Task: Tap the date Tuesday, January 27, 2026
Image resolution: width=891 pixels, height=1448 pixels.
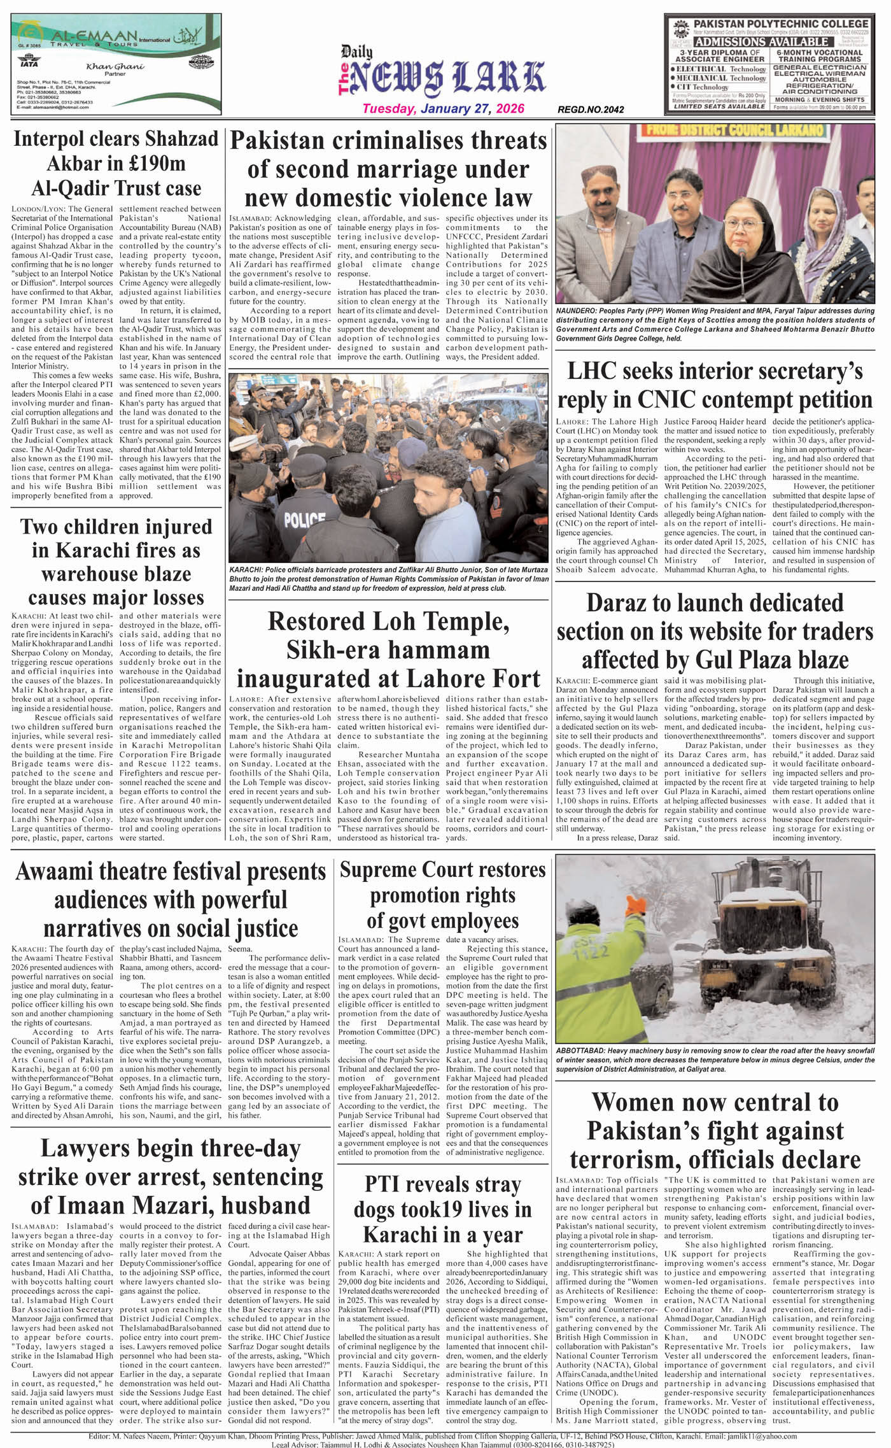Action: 443,108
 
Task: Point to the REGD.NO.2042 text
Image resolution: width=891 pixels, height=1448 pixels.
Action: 591,110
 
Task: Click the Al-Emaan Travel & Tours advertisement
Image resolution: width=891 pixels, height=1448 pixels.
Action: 116,64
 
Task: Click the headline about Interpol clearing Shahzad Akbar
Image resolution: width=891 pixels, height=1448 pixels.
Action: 116,163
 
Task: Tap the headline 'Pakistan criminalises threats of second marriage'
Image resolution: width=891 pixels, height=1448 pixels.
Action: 388,169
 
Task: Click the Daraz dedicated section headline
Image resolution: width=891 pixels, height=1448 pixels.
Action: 715,630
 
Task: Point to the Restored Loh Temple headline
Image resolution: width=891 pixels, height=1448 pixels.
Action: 388,649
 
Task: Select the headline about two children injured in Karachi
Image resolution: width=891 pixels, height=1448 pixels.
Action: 116,562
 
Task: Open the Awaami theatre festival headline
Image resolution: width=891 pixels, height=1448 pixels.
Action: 171,899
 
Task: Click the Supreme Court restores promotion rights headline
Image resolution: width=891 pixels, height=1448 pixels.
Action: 442,895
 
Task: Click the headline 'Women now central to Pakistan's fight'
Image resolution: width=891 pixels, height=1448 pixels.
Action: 715,1130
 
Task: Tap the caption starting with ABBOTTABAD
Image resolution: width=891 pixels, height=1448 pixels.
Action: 715,1060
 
